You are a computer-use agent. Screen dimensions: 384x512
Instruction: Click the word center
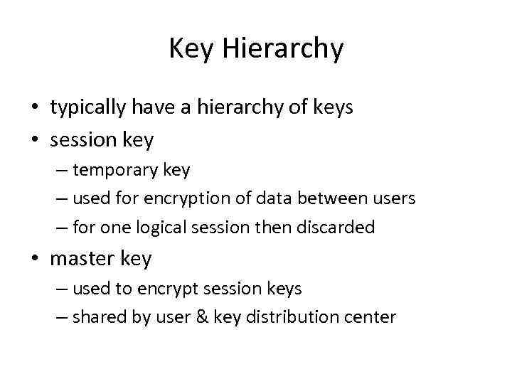371,318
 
